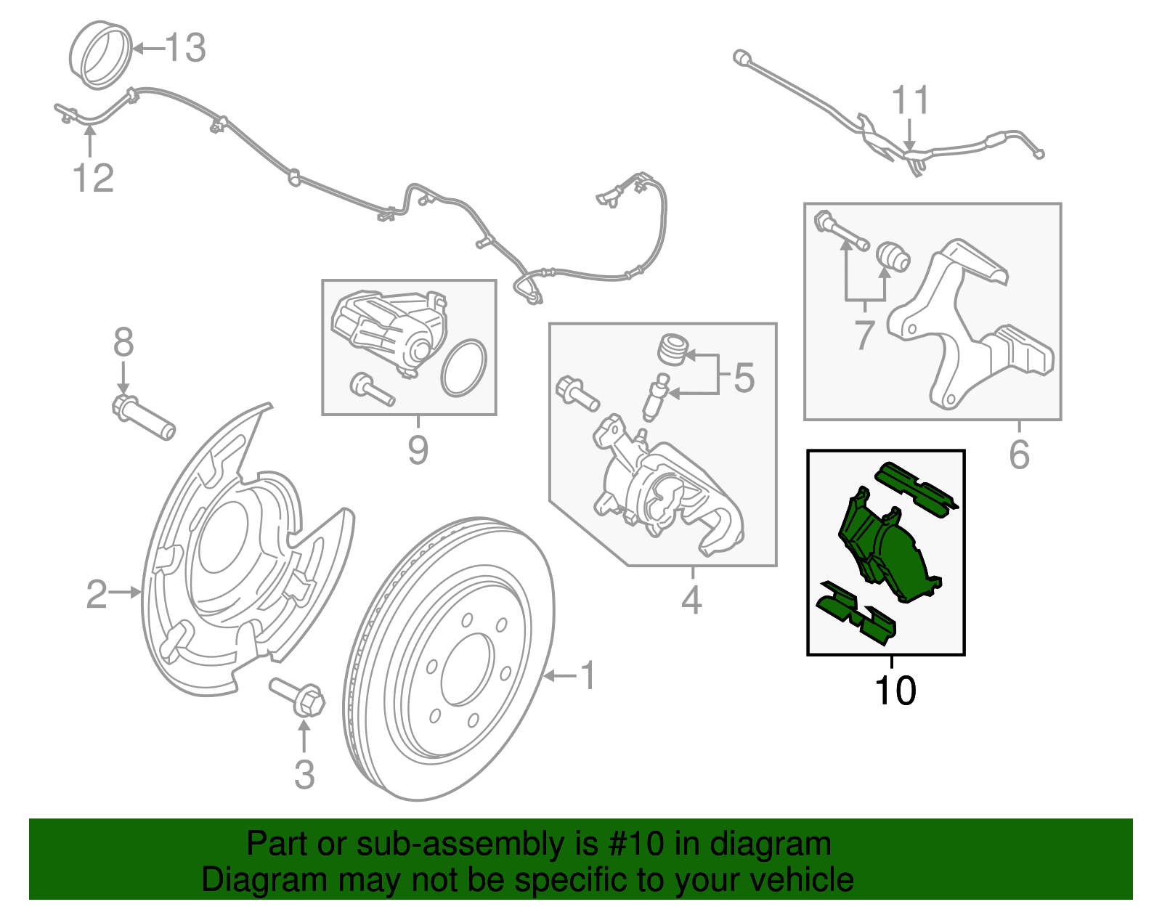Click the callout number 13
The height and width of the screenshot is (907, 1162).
[186, 49]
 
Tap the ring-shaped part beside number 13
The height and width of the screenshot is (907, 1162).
[102, 57]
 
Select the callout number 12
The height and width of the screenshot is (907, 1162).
[94, 179]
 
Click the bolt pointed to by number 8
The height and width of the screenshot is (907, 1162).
[144, 418]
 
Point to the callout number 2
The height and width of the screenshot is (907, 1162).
[97, 594]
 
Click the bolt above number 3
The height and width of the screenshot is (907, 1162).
[298, 696]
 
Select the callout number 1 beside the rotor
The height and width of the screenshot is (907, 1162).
[588, 676]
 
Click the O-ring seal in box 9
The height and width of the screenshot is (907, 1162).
[463, 368]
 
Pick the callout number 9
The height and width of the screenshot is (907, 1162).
[418, 451]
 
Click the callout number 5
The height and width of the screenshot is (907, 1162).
[744, 378]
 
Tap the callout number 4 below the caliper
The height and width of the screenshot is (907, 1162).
[691, 600]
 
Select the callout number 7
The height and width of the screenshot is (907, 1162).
[864, 335]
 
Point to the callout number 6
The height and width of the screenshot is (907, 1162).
[1019, 455]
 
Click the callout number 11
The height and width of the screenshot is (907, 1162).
[910, 101]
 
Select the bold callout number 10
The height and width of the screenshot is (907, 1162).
[895, 691]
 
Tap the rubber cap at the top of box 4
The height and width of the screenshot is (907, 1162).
[673, 349]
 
